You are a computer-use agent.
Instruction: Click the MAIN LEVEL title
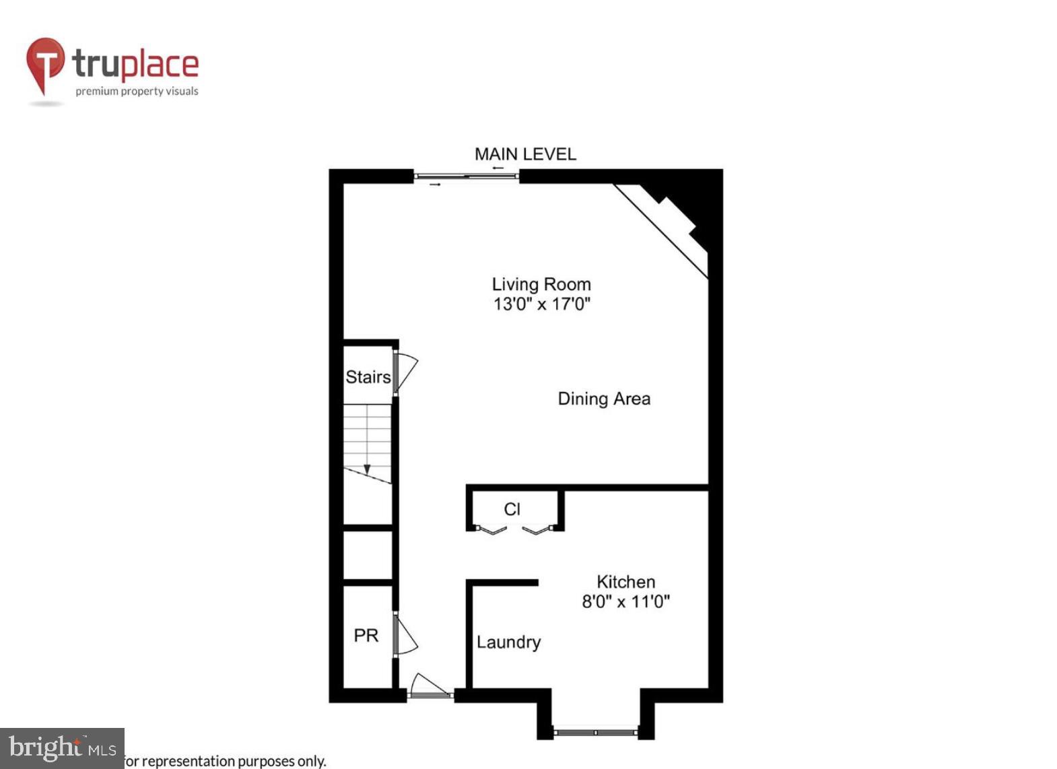525,154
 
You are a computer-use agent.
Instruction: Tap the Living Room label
541,284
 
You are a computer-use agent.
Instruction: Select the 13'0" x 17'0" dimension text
541,304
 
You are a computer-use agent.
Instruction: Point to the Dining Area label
604,399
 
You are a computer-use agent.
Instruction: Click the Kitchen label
625,582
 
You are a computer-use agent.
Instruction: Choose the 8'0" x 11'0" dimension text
625,601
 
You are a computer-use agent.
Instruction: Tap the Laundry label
508,642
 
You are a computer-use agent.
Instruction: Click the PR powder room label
366,635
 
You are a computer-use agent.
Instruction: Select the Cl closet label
512,509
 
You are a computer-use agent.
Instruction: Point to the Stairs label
368,376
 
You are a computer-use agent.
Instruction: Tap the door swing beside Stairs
406,371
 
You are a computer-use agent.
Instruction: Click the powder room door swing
405,636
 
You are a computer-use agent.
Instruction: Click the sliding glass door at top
466,176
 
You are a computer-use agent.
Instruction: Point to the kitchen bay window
595,731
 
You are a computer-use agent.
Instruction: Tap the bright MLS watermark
62,748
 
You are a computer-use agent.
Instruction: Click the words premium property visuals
137,91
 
